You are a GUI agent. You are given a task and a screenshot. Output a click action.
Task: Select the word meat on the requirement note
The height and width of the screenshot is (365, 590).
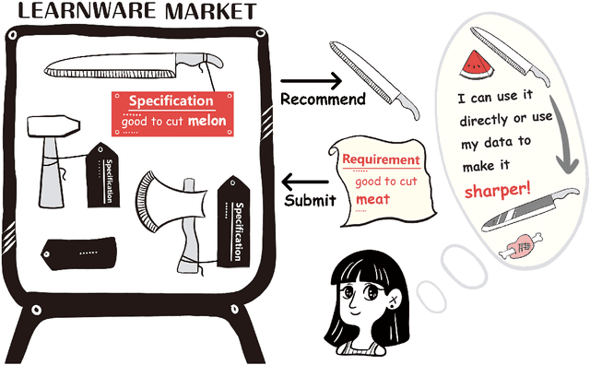coord(373,198)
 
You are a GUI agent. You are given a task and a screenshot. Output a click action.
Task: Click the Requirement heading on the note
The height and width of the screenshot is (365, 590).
coord(381,160)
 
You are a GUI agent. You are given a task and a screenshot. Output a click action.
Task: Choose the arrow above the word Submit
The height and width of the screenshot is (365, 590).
coord(305,180)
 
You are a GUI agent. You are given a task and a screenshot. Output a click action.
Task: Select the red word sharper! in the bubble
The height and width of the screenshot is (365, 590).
coord(498,190)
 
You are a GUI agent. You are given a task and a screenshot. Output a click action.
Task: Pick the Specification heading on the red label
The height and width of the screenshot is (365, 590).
coord(171,101)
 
